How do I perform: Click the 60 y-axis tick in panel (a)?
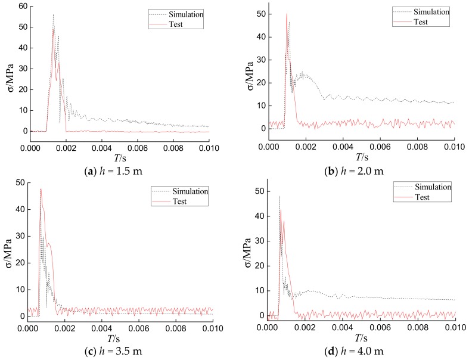[22, 6]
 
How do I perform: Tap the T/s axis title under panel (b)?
[360, 156]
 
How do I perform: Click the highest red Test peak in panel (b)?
[286, 14]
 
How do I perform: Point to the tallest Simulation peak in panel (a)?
[53, 15]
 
